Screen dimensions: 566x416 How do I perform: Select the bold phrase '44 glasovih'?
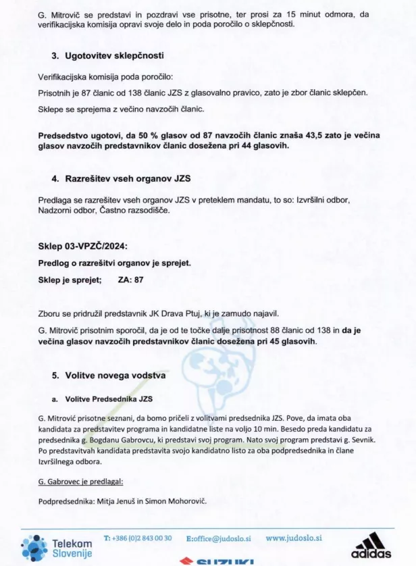coord(262,145)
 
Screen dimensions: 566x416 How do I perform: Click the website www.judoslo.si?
coord(294,538)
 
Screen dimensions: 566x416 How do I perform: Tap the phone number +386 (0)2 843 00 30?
coord(138,538)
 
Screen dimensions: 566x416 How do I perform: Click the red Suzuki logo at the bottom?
coord(216,561)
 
